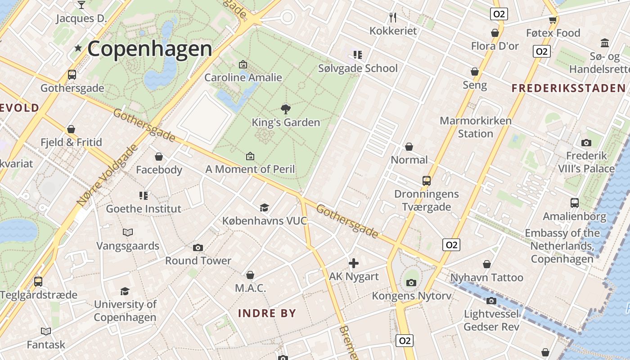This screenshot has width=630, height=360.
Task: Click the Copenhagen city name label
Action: tap(149, 49)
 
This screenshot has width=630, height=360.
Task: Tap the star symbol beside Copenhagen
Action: tap(78, 48)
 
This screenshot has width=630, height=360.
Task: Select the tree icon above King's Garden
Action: tap(285, 108)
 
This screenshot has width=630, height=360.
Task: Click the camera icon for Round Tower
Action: tap(198, 247)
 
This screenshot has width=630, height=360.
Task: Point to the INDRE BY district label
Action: tap(267, 313)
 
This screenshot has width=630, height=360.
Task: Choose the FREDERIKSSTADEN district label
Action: tap(568, 88)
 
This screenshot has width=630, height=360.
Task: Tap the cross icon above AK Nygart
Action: tap(354, 263)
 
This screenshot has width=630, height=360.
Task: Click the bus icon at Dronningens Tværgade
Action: tap(426, 181)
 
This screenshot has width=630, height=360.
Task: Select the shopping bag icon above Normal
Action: tap(409, 147)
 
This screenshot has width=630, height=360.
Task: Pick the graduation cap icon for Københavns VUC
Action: tap(264, 207)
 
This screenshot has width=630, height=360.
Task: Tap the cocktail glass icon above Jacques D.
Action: tap(81, 5)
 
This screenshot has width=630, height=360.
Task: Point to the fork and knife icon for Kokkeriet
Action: tap(393, 18)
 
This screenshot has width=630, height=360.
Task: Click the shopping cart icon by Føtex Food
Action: tap(553, 20)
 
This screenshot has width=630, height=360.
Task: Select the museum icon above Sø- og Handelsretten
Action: tap(605, 43)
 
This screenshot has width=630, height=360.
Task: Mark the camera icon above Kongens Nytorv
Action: tap(411, 283)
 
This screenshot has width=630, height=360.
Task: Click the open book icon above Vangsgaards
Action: tap(128, 232)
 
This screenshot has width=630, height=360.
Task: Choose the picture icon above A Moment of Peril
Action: tap(250, 156)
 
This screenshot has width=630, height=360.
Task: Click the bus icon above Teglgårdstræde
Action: tap(38, 282)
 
